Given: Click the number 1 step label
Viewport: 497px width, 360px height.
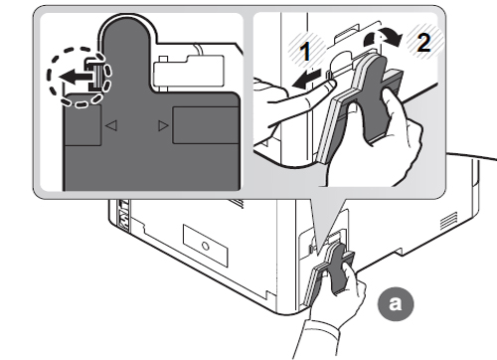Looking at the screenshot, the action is point(305,51).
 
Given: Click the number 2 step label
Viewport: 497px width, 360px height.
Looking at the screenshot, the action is point(423,43).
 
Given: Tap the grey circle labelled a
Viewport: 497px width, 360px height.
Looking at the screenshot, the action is point(396,303).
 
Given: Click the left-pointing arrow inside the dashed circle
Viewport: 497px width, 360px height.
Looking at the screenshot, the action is point(77,78).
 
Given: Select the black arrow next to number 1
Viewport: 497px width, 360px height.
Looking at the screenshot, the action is point(306,80).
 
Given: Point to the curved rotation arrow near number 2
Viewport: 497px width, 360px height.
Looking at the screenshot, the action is point(383,38).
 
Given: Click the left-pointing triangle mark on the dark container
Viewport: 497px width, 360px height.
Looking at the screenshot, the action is point(111,125).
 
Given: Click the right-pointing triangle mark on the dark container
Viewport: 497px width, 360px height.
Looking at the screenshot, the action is point(163,125).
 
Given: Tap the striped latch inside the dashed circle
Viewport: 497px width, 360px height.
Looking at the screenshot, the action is point(95,76).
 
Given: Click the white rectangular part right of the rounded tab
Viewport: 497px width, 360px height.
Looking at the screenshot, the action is point(189,71).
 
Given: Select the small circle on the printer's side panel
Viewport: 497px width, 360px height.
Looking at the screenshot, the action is point(206,247).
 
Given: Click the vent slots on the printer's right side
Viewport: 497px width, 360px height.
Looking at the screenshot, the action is point(449,221).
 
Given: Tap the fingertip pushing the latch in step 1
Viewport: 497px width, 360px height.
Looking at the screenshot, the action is point(330,86).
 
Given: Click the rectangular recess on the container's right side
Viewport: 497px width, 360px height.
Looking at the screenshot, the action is point(206,125).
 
